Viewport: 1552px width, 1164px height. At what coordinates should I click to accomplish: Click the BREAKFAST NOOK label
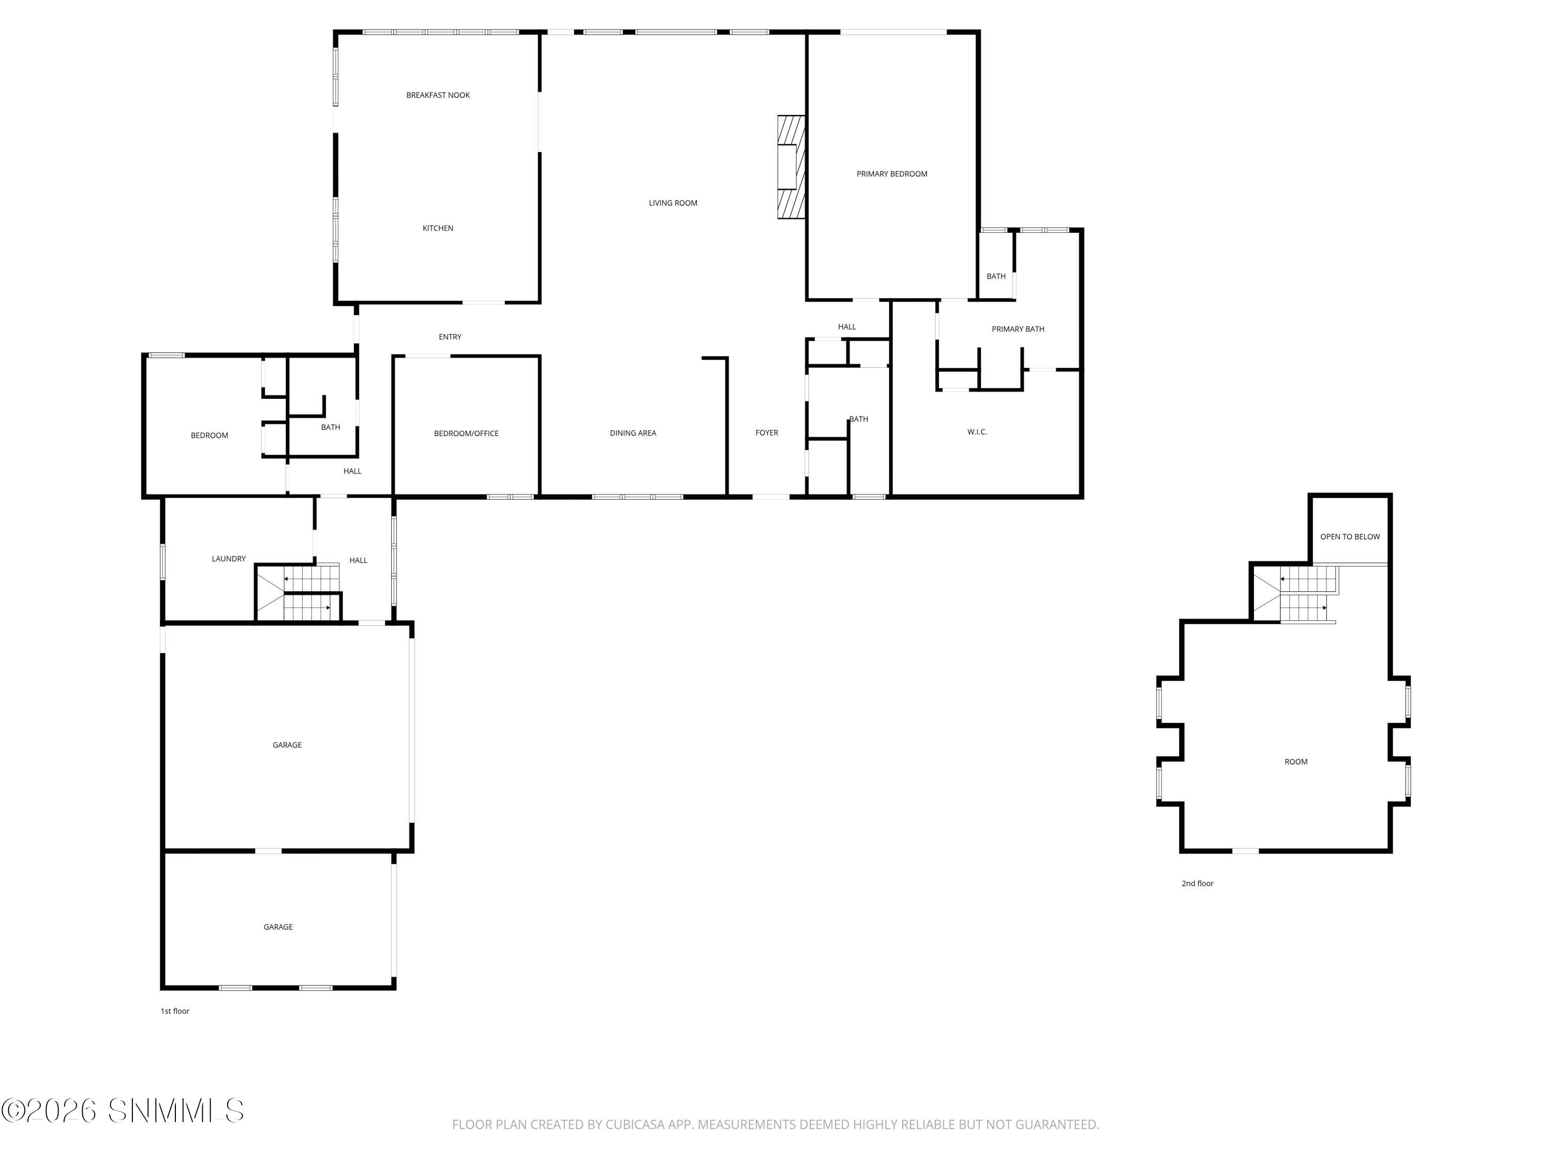click(438, 95)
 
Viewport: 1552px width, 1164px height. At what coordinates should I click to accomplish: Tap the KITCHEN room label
click(438, 228)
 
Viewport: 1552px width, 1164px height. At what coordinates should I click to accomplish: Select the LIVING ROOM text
click(673, 203)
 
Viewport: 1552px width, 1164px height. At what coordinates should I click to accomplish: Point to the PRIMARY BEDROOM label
click(892, 174)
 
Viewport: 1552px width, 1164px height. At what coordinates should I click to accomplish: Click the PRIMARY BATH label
click(1018, 329)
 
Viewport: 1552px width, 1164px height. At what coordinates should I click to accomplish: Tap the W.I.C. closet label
click(977, 432)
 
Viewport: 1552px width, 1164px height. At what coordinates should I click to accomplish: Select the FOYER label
click(766, 433)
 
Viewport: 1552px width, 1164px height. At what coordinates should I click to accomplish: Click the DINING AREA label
click(633, 433)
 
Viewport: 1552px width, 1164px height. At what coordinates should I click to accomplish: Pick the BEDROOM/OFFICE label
click(466, 434)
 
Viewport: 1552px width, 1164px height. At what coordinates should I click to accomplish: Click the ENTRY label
click(450, 337)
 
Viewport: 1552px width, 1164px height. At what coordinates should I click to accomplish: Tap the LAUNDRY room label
click(229, 559)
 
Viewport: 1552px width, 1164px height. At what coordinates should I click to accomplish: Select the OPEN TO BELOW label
click(1349, 537)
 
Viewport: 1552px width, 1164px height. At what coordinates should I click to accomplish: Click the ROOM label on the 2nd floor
click(1295, 762)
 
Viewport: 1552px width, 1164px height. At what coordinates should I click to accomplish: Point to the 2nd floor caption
click(1197, 884)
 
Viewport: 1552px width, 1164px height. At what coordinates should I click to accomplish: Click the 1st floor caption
click(175, 1011)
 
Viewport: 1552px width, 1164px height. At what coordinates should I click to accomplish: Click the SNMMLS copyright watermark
click(123, 1111)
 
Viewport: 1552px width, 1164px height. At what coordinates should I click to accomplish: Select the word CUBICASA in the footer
click(634, 1125)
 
